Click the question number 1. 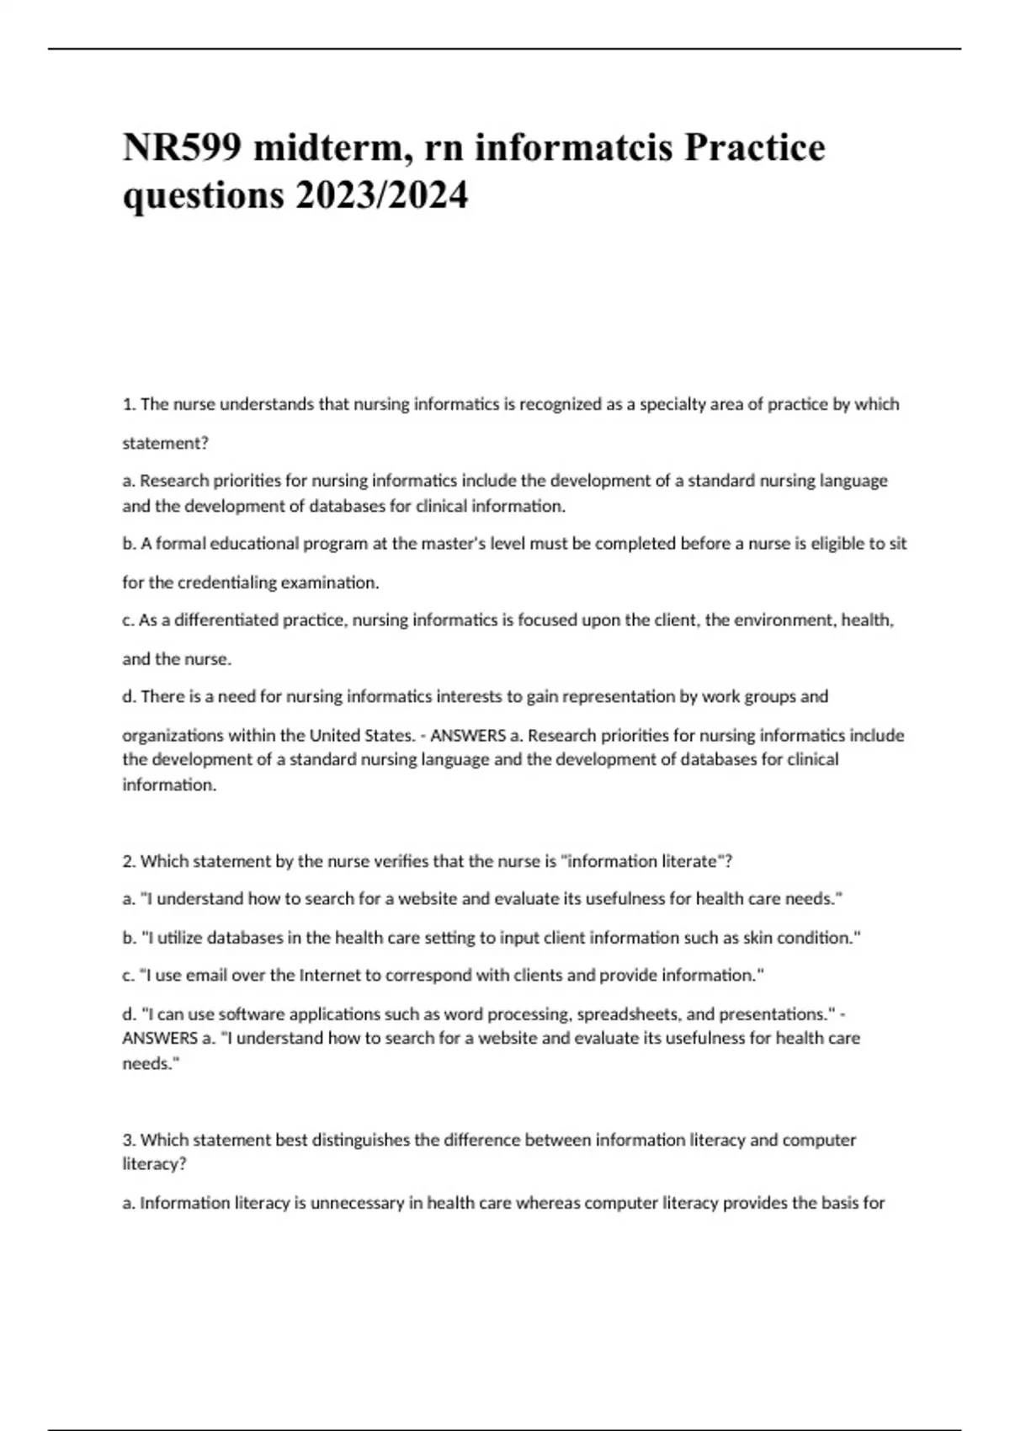pyautogui.click(x=129, y=404)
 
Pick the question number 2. pyautogui.click(x=129, y=861)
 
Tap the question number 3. pyautogui.click(x=129, y=1140)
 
